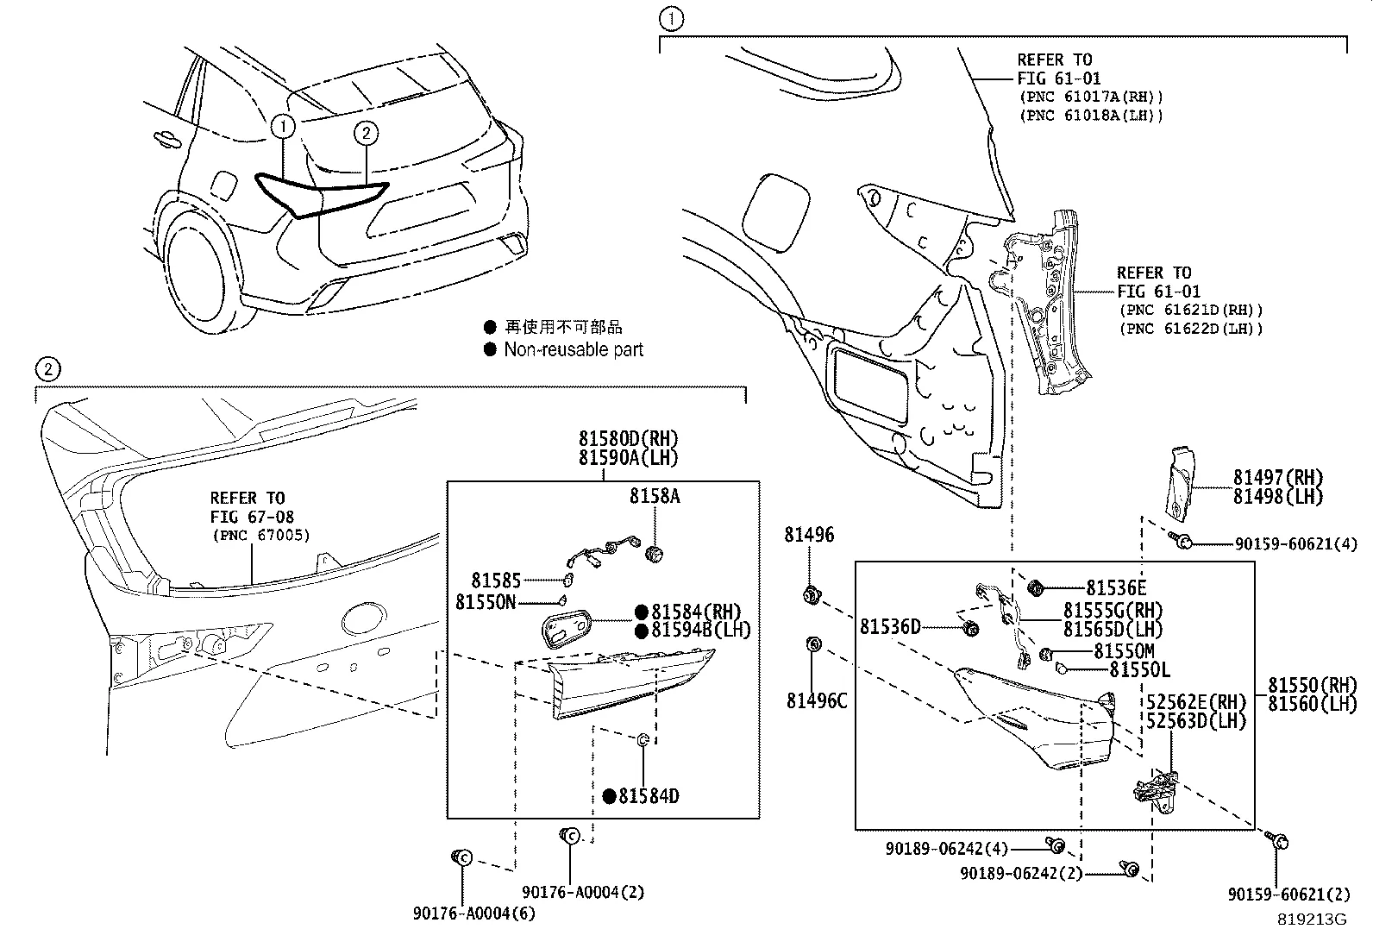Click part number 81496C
click(816, 700)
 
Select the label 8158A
click(655, 496)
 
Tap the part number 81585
click(496, 581)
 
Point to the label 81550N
click(485, 602)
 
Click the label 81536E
click(1115, 588)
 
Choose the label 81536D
click(890, 627)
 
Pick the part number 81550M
click(1123, 651)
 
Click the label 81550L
click(1138, 670)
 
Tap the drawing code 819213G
click(1311, 920)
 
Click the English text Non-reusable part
click(574, 349)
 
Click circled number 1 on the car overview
click(283, 127)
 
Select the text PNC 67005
click(260, 536)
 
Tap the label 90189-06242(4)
click(946, 849)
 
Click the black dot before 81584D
click(610, 796)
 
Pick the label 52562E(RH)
click(1195, 701)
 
